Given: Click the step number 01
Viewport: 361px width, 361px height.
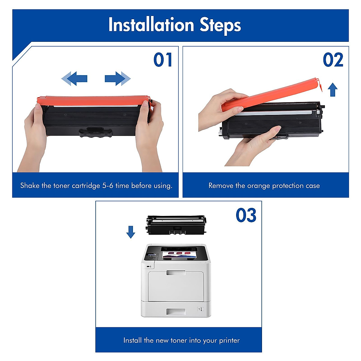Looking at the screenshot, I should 163,60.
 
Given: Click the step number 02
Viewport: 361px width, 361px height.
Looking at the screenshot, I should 333,60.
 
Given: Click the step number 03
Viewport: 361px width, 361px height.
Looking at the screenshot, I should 246,215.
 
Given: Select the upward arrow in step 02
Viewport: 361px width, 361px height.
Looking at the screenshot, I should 332,90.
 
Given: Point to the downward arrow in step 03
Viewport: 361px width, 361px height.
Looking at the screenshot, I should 131,232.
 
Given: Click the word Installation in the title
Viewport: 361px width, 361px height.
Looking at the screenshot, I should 151,25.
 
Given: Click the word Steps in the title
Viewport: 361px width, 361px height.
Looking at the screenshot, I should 220,25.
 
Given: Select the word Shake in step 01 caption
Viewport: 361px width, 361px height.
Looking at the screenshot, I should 30,186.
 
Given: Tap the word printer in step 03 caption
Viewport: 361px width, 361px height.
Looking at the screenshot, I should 229,341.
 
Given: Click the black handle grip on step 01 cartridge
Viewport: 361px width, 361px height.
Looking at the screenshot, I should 96,132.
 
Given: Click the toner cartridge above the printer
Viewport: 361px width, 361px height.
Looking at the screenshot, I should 176,224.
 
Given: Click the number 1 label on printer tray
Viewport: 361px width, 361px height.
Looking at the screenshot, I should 199,309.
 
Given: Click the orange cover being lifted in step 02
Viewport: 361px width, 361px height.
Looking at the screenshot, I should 271,93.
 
